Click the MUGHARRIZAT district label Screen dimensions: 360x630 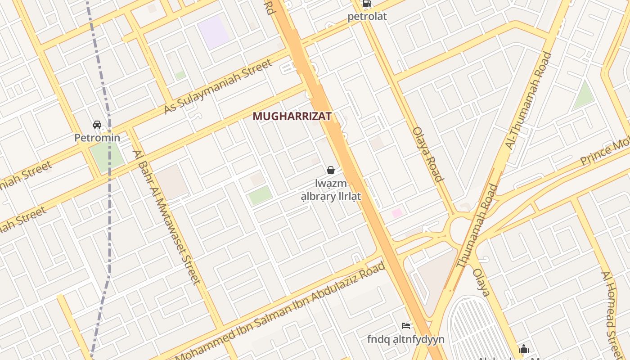[292, 116]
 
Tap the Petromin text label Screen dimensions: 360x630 [97, 138]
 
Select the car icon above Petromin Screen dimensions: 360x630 [97, 125]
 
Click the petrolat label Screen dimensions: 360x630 [367, 17]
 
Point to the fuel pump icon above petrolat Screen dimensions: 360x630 [367, 4]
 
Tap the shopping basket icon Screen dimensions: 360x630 [331, 170]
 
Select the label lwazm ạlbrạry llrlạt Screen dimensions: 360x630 [331, 190]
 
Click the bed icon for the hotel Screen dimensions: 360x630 [406, 325]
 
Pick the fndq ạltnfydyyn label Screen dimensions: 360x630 [406, 339]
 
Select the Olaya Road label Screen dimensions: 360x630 [428, 154]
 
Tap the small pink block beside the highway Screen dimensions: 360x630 [397, 213]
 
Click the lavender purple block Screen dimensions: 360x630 [214, 32]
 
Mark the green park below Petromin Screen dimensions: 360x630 [107, 156]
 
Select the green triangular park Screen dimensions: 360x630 [584, 96]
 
